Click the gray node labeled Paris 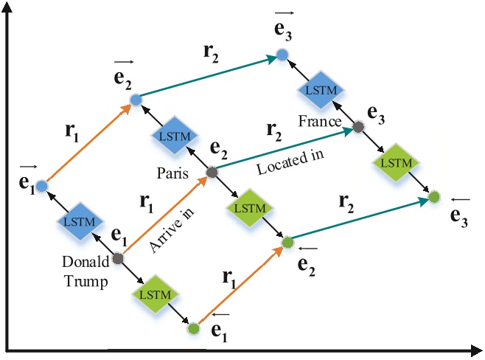[x=212, y=173]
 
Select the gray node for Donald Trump [x=118, y=257]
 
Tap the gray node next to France [x=358, y=127]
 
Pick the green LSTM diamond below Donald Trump [x=156, y=294]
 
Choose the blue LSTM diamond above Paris [x=173, y=136]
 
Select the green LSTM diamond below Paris [x=248, y=209]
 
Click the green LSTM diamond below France [x=397, y=162]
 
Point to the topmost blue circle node [x=282, y=55]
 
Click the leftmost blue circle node [x=41, y=185]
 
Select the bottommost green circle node [x=193, y=329]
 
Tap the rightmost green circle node [x=434, y=197]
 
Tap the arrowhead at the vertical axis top [x=7, y=7]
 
